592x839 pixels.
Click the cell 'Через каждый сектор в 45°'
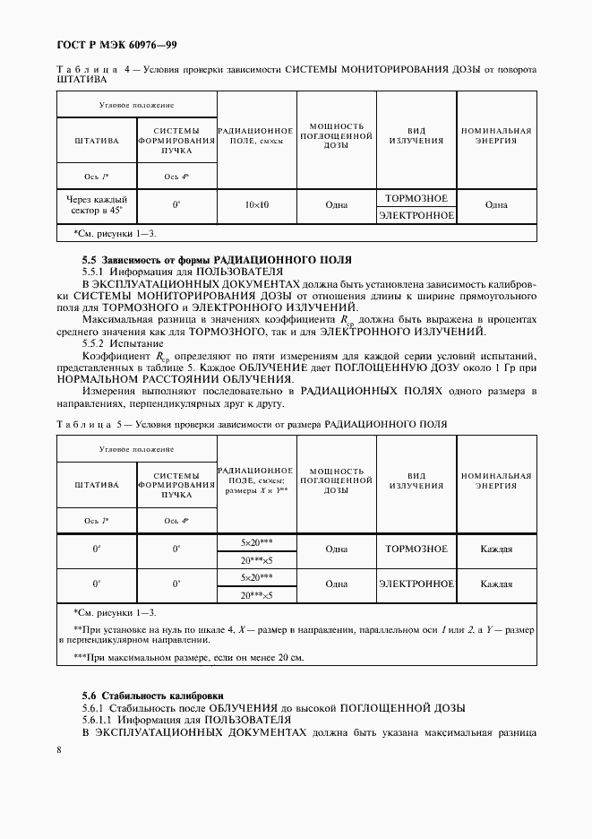tap(96, 205)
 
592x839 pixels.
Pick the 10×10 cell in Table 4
tap(256, 205)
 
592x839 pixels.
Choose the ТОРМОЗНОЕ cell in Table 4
tap(416, 197)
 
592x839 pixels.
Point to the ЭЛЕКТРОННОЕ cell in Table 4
tap(416, 215)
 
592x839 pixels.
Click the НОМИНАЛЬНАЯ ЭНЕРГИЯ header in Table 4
tap(496, 135)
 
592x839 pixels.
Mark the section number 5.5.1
tap(95, 270)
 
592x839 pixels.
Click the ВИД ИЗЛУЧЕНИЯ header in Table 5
tap(416, 480)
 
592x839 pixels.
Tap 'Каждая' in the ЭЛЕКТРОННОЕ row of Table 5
tap(496, 584)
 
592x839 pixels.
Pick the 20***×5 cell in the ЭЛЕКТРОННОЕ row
tap(256, 593)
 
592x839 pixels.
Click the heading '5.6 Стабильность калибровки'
tap(153, 696)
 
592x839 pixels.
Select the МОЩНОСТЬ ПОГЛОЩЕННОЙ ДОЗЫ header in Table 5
tap(336, 480)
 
